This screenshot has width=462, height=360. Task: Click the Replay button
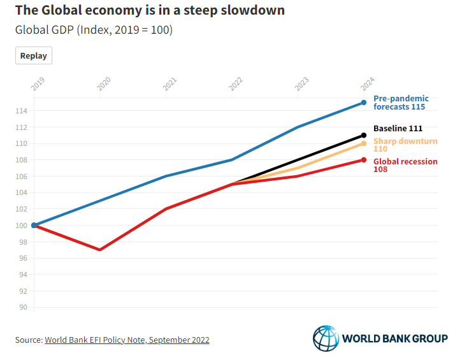34,55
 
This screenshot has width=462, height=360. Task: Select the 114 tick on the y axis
22,111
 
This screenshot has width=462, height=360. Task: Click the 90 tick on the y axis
24,307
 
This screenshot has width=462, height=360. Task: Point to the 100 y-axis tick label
22,226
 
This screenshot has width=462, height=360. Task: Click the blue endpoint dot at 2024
364,103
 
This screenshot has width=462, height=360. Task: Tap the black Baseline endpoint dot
364,135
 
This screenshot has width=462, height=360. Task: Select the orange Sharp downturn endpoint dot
364,143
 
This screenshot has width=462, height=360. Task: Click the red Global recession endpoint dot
364,160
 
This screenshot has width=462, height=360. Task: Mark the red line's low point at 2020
100,250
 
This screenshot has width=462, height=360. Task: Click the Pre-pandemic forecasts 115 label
400,103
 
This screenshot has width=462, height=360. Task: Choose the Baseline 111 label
398,129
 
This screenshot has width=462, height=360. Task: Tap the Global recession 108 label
405,165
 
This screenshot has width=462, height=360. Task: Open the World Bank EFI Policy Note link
127,340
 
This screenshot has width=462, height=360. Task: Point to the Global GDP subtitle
94,30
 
